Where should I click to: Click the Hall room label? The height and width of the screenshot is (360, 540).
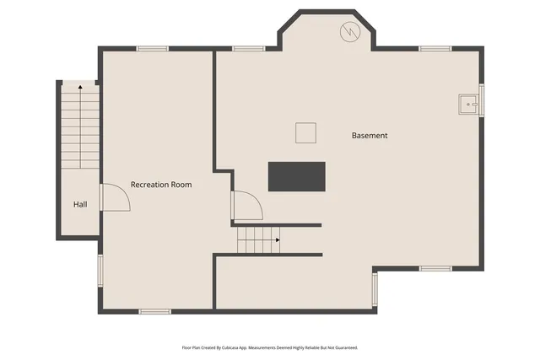tap(80, 204)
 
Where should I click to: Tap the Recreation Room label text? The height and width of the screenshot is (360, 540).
tap(160, 184)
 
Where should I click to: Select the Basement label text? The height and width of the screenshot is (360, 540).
tap(370, 135)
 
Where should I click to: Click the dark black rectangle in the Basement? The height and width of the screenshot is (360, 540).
tap(296, 176)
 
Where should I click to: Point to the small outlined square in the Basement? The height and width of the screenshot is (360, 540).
tap(305, 133)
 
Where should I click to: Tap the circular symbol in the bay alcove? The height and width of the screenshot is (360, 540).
tap(349, 32)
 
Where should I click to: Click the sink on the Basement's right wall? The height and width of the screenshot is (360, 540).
tap(468, 104)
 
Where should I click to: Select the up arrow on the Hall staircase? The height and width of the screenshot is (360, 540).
tap(80, 86)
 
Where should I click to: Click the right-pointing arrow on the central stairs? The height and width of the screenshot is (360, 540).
tap(276, 239)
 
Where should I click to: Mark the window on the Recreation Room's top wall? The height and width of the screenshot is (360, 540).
tap(153, 49)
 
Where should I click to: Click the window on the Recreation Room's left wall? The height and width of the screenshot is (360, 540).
tap(100, 270)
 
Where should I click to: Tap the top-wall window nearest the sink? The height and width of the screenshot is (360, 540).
tap(435, 49)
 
